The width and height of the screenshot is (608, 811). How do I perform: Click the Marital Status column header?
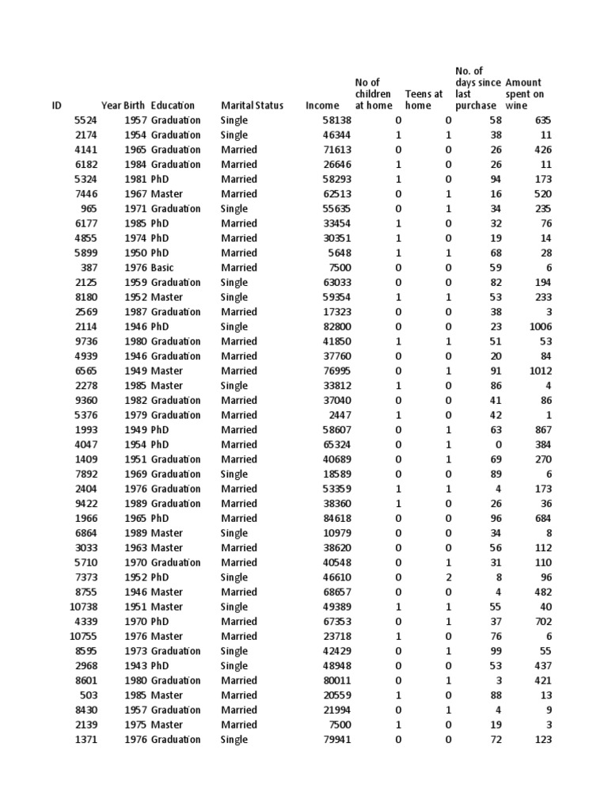click(x=252, y=105)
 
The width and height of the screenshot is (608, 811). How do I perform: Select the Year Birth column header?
click(x=123, y=105)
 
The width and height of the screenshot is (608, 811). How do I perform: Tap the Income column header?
click(x=322, y=105)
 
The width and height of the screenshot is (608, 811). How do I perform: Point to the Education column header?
click(x=173, y=105)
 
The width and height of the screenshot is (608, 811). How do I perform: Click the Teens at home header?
click(x=424, y=100)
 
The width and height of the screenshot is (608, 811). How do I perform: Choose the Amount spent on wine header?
click(x=524, y=94)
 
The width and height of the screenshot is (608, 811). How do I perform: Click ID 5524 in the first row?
click(x=85, y=120)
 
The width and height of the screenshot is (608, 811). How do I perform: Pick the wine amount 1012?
click(x=539, y=371)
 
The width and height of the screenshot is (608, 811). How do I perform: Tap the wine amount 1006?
click(x=539, y=326)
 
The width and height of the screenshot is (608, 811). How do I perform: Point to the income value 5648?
click(x=339, y=253)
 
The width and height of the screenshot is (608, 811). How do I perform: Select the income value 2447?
click(x=339, y=415)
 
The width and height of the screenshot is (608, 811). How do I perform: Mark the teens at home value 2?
click(x=449, y=577)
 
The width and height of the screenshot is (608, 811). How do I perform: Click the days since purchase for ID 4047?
click(x=496, y=444)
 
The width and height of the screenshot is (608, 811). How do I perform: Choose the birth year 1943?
click(x=135, y=666)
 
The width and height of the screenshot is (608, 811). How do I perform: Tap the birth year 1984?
click(x=135, y=165)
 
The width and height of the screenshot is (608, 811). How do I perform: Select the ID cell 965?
click(x=88, y=209)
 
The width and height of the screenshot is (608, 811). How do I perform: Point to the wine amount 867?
click(x=542, y=429)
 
